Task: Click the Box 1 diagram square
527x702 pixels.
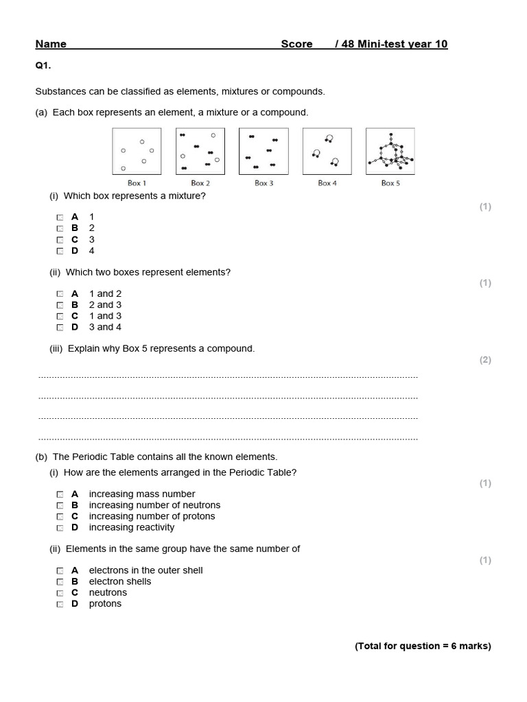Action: [x=137, y=152]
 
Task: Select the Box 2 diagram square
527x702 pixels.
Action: [x=200, y=152]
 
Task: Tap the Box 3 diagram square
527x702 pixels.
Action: [x=263, y=152]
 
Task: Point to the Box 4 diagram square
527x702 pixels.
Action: [x=327, y=152]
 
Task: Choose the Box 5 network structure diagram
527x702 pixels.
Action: [x=390, y=152]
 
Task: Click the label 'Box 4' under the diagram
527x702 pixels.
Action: [x=327, y=183]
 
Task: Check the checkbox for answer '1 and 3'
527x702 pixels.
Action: [x=60, y=316]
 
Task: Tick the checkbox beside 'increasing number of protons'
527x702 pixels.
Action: [x=60, y=516]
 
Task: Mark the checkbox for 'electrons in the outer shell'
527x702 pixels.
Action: [x=60, y=570]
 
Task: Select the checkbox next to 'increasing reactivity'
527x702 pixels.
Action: [x=60, y=527]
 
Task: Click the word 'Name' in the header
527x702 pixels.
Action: [x=51, y=44]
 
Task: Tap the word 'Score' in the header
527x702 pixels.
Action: [x=296, y=44]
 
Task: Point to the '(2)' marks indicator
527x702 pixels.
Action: [x=485, y=360]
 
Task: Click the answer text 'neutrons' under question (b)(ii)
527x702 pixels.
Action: [x=108, y=592]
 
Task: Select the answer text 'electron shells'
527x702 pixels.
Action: [x=120, y=581]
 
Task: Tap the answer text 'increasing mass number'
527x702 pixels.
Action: [x=142, y=494]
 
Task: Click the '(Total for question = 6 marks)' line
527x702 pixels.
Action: [x=423, y=646]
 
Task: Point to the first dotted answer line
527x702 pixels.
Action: [x=228, y=377]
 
